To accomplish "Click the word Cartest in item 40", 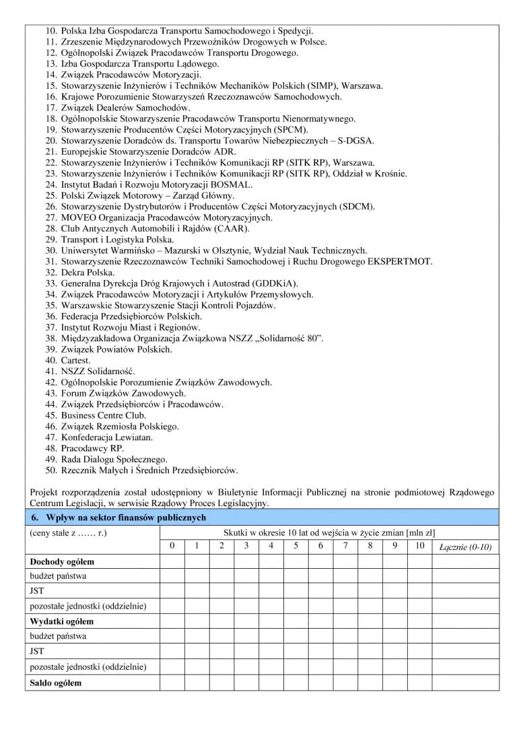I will coord(77,360).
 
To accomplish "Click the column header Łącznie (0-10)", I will coord(465,547).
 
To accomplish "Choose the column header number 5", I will coord(296,545).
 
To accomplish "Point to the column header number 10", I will coord(419,545).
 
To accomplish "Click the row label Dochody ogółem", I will coord(62,561).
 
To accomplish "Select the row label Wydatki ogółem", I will coord(62,621).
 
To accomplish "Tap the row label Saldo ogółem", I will coord(56,683).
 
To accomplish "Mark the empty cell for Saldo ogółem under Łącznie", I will coord(465,683).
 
